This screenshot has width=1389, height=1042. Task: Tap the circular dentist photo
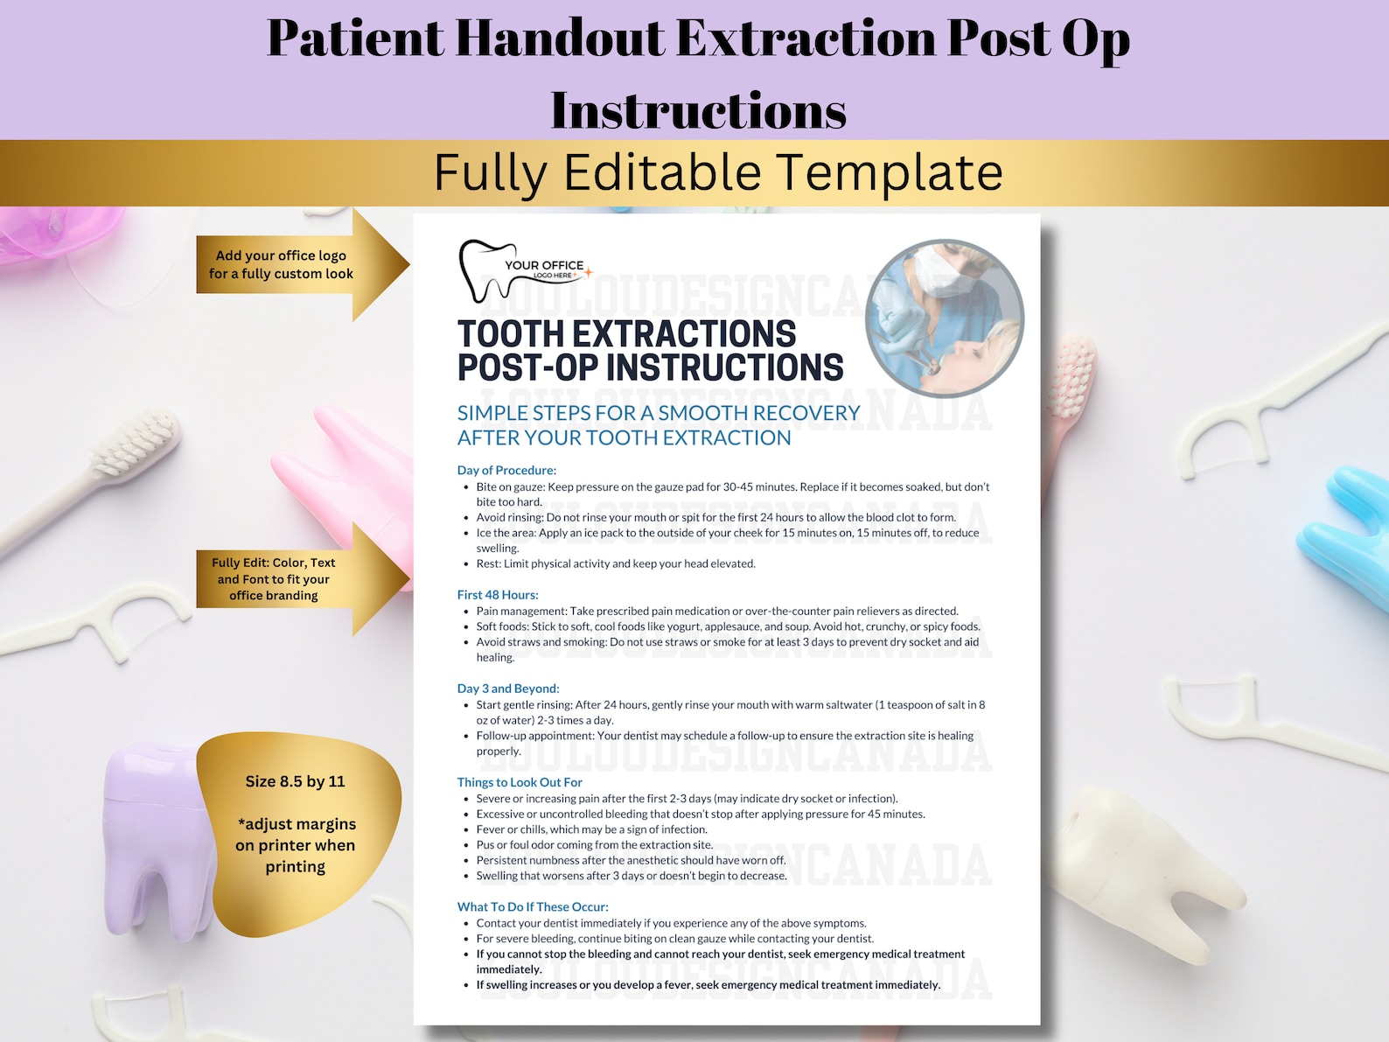[944, 318]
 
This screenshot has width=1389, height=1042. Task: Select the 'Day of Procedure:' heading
[506, 470]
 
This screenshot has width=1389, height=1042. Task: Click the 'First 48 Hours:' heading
[498, 595]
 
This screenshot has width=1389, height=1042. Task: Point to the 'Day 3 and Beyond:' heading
[508, 689]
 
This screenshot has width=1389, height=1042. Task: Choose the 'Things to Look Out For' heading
[520, 782]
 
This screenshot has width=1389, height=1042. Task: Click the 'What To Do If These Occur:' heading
[533, 907]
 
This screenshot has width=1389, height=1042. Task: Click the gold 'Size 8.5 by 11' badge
[297, 827]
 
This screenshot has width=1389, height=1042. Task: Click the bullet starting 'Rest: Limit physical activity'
[616, 563]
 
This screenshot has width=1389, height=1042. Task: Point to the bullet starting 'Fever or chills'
[591, 829]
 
